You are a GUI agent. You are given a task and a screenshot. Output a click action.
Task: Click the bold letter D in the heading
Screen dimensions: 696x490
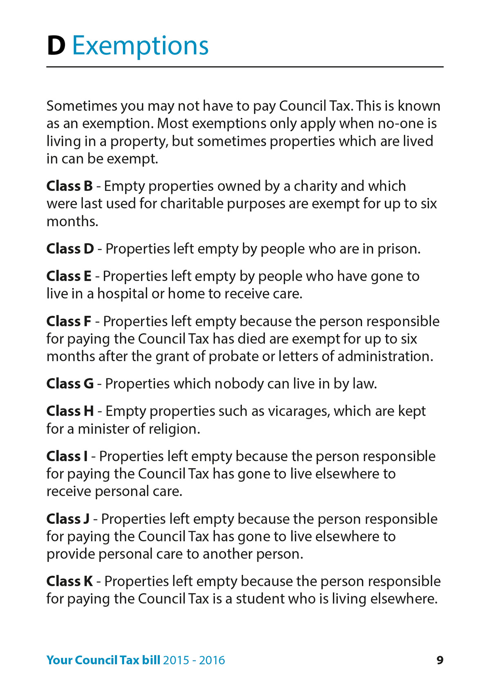pyautogui.click(x=56, y=46)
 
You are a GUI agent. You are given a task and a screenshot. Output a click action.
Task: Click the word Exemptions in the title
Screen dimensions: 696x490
pyautogui.click(x=140, y=46)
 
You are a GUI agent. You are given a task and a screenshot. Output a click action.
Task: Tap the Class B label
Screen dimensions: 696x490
pyautogui.click(x=69, y=186)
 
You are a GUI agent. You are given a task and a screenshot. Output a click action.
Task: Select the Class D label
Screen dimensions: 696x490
pyautogui.click(x=70, y=248)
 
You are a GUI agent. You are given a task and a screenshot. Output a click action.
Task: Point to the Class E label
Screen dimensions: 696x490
pyautogui.click(x=69, y=276)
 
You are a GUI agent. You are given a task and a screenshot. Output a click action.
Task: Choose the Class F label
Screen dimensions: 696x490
pyautogui.click(x=69, y=321)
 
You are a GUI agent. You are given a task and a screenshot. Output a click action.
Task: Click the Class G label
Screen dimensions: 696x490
pyautogui.click(x=70, y=384)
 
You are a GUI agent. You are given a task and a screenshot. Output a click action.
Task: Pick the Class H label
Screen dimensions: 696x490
pyautogui.click(x=70, y=411)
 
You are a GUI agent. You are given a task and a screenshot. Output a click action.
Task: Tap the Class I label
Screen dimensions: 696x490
pyautogui.click(x=67, y=456)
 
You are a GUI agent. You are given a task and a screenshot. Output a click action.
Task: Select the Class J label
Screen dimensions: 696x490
pyautogui.click(x=68, y=519)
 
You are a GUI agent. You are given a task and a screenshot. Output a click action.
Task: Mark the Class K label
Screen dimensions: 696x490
pyautogui.click(x=69, y=581)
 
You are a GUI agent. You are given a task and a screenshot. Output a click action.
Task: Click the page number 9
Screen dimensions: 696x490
pyautogui.click(x=440, y=660)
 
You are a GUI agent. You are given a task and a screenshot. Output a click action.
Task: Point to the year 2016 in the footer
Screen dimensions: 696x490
pyautogui.click(x=212, y=660)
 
